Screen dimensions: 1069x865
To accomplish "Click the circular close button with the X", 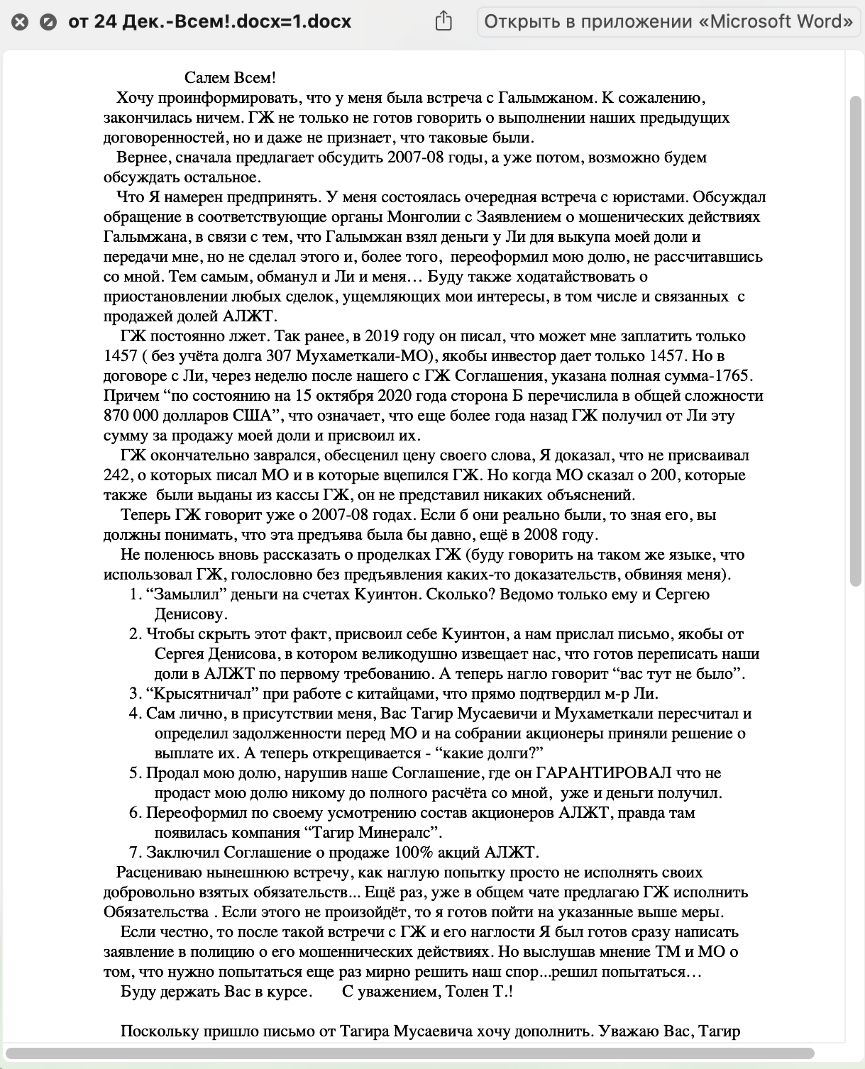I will coord(21,22).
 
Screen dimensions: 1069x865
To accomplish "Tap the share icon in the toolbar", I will coord(443,21).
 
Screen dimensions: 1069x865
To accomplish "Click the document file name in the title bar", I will coord(210,22).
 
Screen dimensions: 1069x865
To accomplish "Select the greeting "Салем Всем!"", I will coord(230,78).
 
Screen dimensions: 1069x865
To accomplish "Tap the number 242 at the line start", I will coord(117,475).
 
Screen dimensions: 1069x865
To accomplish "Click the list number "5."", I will coord(136,773).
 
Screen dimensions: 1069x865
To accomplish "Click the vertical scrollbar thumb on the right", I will coord(855,340).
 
